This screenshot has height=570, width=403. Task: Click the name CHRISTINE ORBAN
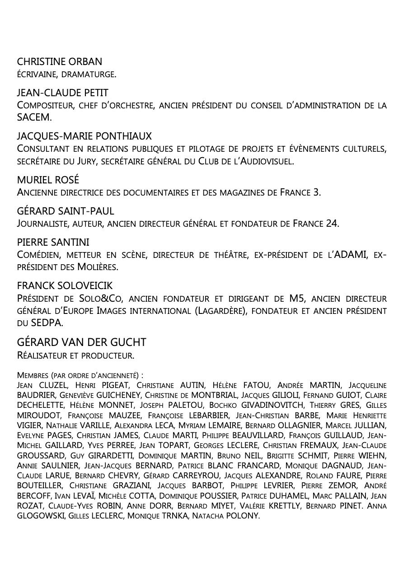59,61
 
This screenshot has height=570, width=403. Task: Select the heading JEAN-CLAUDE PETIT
62,93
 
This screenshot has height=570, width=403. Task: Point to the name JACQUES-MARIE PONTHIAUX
84,136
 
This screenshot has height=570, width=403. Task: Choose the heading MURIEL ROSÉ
48,180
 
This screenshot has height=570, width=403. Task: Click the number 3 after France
317,192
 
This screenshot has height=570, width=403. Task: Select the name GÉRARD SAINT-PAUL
66,211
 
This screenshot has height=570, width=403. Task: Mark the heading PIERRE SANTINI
53,242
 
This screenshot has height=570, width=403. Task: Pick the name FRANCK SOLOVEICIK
65,286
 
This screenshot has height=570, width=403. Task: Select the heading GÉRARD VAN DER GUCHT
81,342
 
